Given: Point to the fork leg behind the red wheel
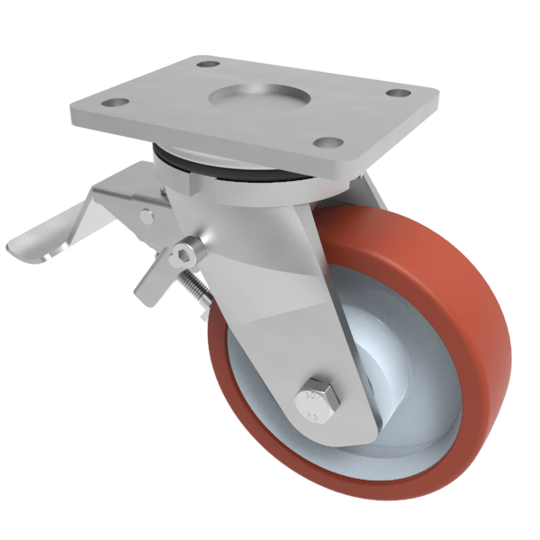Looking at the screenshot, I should (370, 193).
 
